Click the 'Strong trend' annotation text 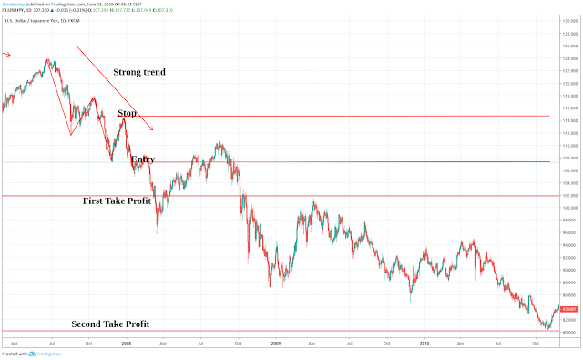(139, 72)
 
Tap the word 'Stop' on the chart (127, 113)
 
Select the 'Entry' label (142, 159)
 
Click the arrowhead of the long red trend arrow (152, 129)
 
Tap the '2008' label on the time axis (126, 344)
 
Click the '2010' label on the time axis (424, 344)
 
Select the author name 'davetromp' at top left (14, 4)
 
